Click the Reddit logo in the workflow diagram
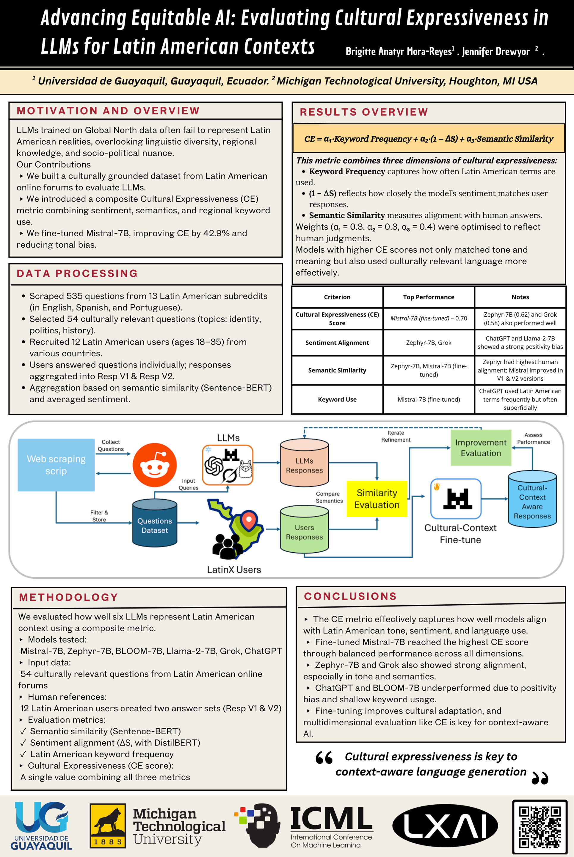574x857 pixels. tap(154, 465)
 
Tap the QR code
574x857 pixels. tap(540, 827)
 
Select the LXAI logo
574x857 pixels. tap(445, 825)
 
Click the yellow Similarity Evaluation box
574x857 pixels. tap(377, 498)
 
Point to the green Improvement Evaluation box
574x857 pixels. tap(481, 448)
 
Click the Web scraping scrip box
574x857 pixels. tap(56, 465)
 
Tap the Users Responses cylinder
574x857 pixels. tap(304, 530)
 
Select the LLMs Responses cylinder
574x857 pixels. tap(304, 463)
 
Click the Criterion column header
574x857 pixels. tap(337, 297)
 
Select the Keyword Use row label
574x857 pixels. tap(337, 399)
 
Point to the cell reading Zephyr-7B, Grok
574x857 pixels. tap(428, 343)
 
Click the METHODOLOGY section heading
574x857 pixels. tap(69, 597)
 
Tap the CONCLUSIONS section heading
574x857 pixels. tap(350, 596)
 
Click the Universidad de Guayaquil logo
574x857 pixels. tap(41, 825)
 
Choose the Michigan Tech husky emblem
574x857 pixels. tap(108, 825)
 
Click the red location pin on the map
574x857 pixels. tap(249, 520)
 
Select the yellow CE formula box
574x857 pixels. tap(428, 138)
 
